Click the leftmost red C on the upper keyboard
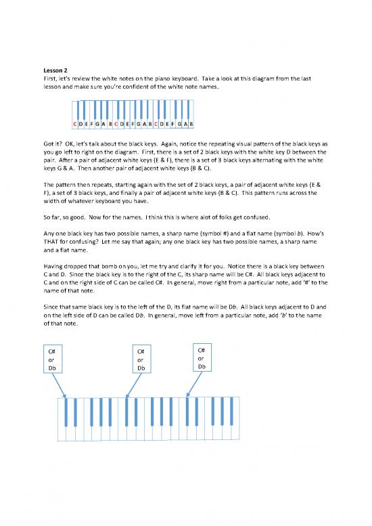(x=74, y=124)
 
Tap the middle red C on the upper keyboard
(x=116, y=124)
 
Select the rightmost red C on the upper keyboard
(x=156, y=124)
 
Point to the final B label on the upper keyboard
(x=192, y=124)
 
